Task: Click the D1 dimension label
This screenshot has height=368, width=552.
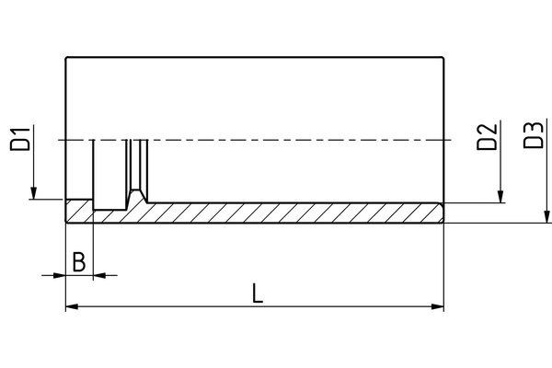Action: pyautogui.click(x=20, y=139)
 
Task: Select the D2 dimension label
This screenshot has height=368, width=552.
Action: pyautogui.click(x=487, y=137)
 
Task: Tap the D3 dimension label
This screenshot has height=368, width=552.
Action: pyautogui.click(x=534, y=135)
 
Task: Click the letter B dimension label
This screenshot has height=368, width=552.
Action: pyautogui.click(x=79, y=261)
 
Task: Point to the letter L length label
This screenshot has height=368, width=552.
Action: pyautogui.click(x=258, y=293)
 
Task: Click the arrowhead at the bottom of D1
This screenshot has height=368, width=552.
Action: pyautogui.click(x=33, y=193)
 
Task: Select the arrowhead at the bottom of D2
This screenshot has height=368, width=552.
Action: pyautogui.click(x=500, y=197)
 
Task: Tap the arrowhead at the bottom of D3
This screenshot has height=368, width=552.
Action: pyautogui.click(x=546, y=216)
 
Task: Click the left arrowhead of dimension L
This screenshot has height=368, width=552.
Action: pyautogui.click(x=72, y=306)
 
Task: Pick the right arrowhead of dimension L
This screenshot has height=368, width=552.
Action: pyautogui.click(x=438, y=306)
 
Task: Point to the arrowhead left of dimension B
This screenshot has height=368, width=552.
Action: pyautogui.click(x=60, y=275)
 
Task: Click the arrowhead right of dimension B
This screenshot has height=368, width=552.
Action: pyautogui.click(x=99, y=275)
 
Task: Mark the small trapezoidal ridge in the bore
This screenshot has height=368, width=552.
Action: pyautogui.click(x=136, y=196)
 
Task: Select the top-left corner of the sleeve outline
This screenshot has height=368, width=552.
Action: pyautogui.click(x=66, y=57)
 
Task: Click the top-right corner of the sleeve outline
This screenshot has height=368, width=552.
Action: pyautogui.click(x=443, y=57)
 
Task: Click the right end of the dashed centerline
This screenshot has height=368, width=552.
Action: pyautogui.click(x=452, y=140)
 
